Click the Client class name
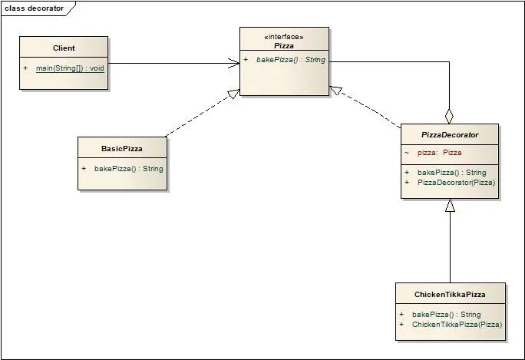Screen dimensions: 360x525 coord(64,48)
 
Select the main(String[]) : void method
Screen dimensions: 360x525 coord(69,68)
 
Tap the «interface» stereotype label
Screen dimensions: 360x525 coord(284,36)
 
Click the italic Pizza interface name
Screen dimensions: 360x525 coord(284,46)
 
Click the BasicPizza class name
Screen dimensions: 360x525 coord(122,148)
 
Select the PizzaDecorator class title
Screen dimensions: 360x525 coord(450,134)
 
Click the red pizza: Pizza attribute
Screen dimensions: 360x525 coord(439,153)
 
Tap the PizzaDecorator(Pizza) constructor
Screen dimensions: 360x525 coord(456,183)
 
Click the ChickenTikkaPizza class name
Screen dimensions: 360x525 coord(450,295)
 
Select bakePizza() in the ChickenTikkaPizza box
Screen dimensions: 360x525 coord(446,315)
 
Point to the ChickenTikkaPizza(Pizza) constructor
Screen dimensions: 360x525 coord(457,325)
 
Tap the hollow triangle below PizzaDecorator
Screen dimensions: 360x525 coord(450,206)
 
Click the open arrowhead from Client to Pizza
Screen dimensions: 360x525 coord(233,63)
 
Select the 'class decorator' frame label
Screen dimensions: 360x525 coord(35,8)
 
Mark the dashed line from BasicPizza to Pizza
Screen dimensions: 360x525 coord(200,114)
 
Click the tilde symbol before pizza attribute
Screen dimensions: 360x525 coord(407,153)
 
